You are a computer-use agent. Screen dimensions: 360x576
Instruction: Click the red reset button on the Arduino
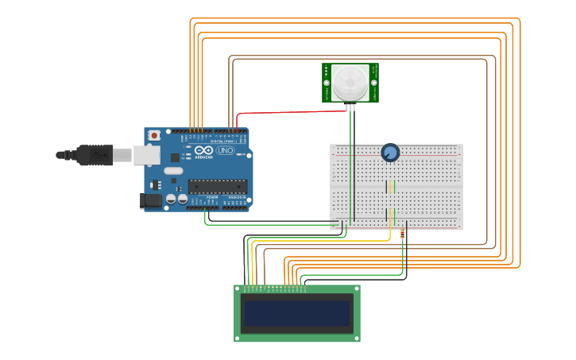tap(154, 135)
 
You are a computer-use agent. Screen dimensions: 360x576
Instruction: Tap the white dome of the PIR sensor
tap(350, 83)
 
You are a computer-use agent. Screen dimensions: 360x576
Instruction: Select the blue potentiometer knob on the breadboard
tap(390, 153)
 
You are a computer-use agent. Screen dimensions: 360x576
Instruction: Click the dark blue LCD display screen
tap(297, 313)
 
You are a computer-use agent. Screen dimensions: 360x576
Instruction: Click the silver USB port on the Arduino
tap(146, 155)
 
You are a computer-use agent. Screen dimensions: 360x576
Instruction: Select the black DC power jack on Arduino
tap(150, 201)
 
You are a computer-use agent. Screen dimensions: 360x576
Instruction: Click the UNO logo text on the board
tap(225, 150)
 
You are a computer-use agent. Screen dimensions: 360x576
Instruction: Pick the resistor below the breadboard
tap(402, 234)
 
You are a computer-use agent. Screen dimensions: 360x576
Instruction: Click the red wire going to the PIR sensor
tap(278, 112)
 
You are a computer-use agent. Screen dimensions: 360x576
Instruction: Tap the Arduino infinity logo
tap(203, 150)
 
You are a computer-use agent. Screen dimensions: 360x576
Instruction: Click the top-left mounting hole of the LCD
tap(238, 289)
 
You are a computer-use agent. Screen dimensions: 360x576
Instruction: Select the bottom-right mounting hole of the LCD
tap(357, 338)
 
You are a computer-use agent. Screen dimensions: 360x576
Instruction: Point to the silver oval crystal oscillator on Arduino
tap(174, 170)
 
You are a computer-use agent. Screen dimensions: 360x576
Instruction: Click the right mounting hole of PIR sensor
tap(373, 83)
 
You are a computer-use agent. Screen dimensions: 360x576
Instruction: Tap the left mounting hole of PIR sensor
tap(327, 83)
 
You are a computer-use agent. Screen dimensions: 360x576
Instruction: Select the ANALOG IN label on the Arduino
tap(237, 197)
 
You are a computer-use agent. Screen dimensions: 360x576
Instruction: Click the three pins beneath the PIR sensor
tap(350, 106)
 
